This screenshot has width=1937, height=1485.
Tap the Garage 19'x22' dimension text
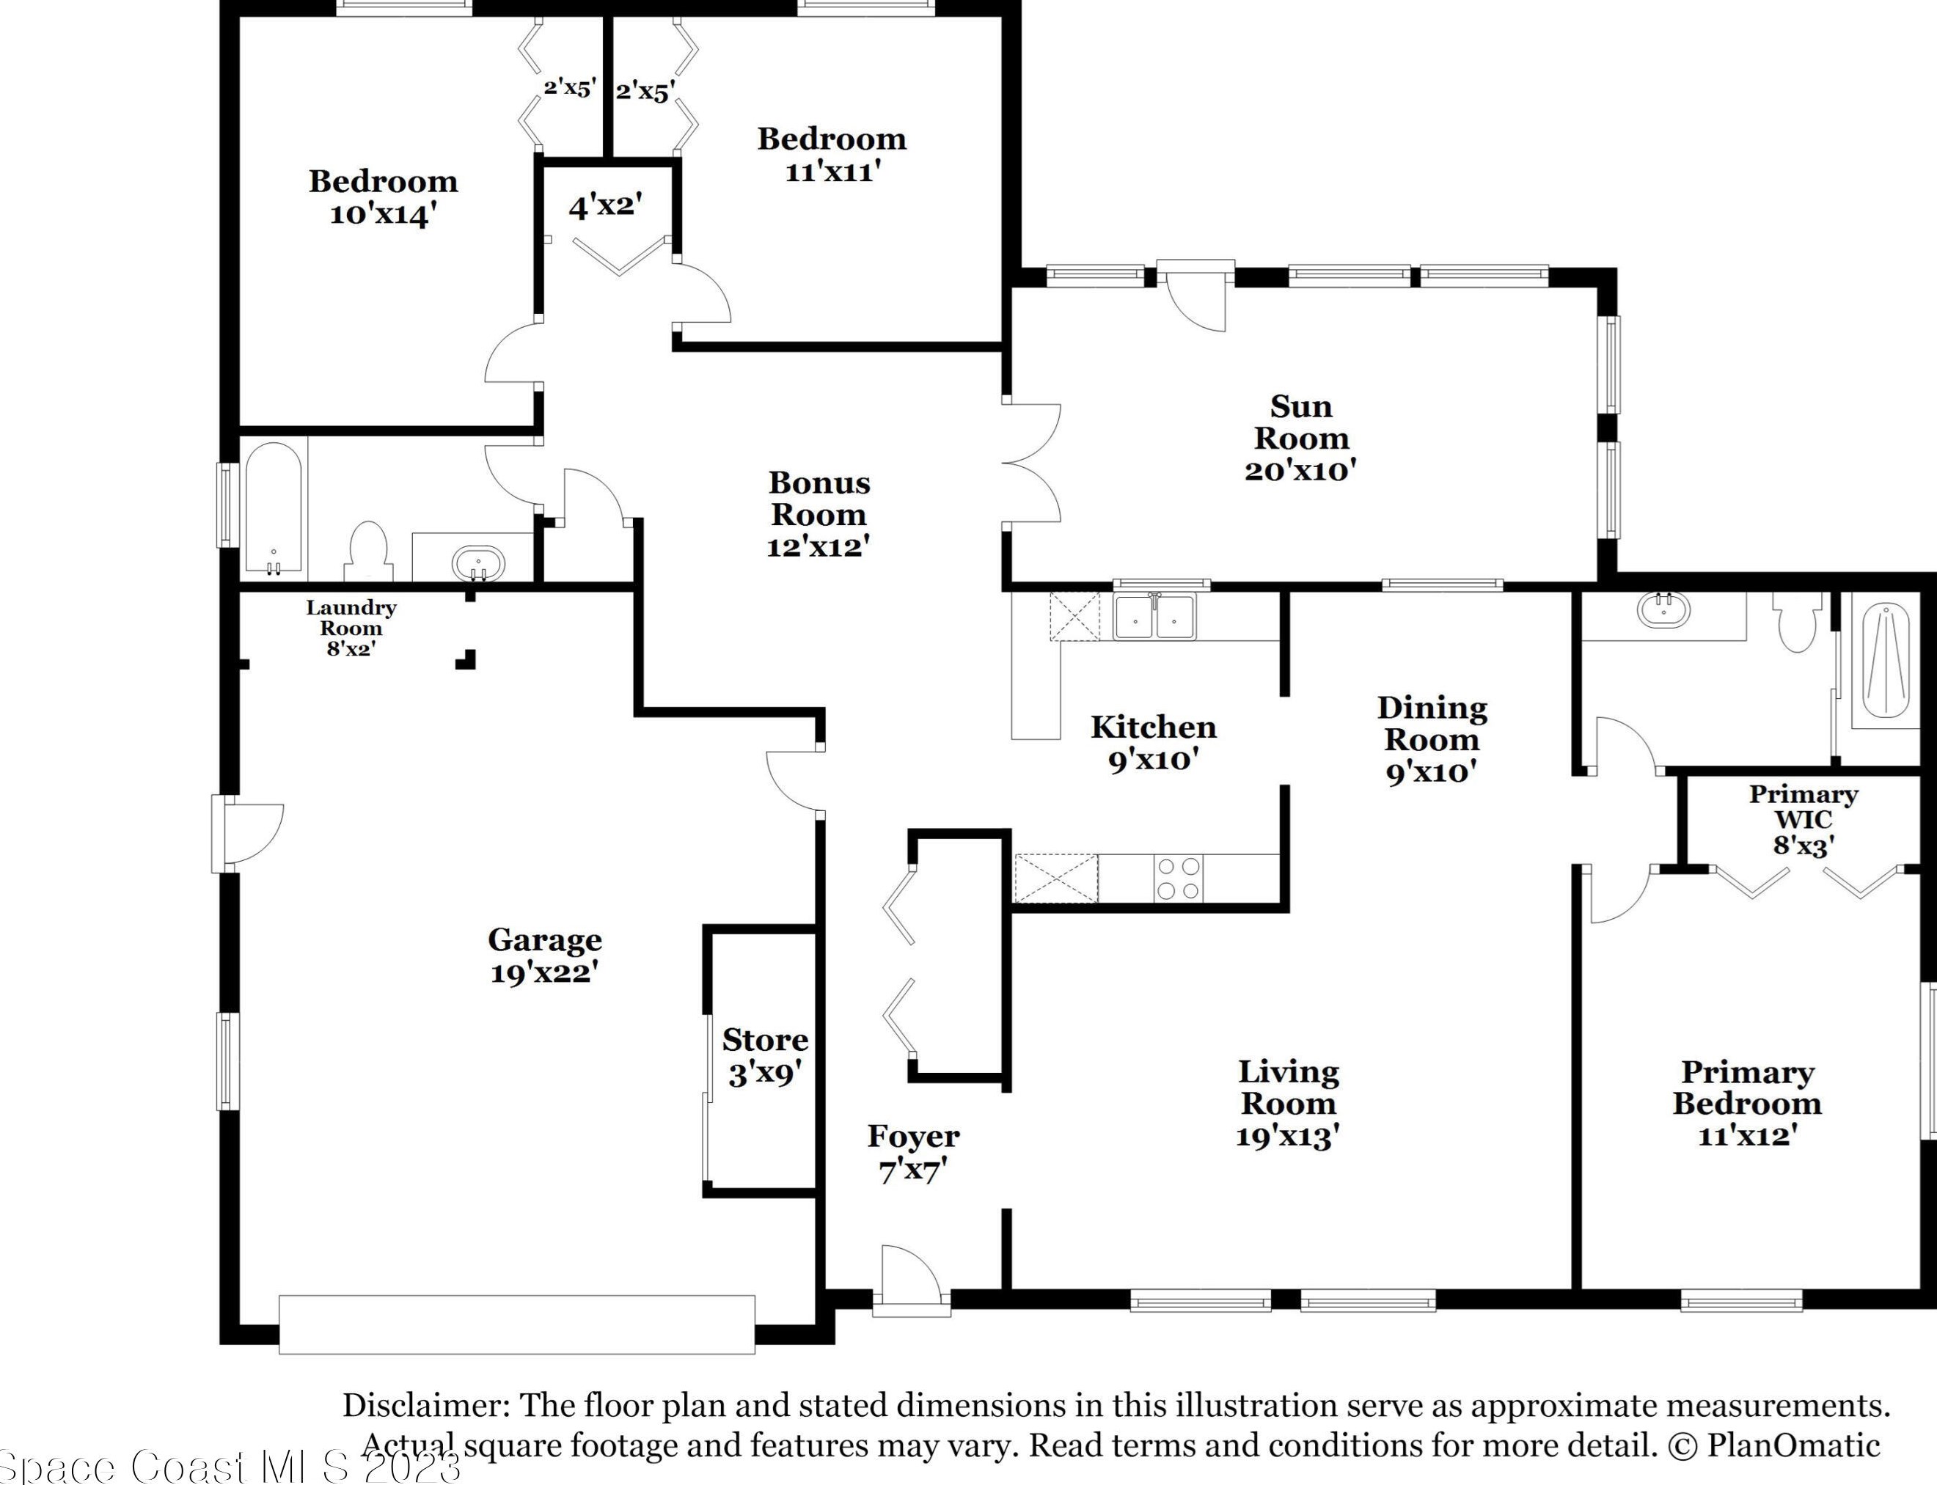pyautogui.click(x=545, y=973)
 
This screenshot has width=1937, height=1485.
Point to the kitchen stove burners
pyautogui.click(x=1179, y=879)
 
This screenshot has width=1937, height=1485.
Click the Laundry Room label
pyautogui.click(x=351, y=618)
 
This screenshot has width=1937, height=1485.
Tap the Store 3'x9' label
pyautogui.click(x=765, y=1056)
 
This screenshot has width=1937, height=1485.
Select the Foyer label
pyautogui.click(x=913, y=1137)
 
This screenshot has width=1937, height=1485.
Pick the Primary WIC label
pyautogui.click(x=1804, y=807)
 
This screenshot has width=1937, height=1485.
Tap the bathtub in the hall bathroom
pyautogui.click(x=274, y=508)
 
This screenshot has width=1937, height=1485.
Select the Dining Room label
pyautogui.click(x=1432, y=724)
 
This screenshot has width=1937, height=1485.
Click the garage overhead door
pyautogui.click(x=517, y=1324)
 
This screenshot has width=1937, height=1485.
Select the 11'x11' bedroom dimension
pyautogui.click(x=832, y=172)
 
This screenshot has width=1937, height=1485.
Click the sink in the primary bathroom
pyautogui.click(x=1663, y=610)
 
